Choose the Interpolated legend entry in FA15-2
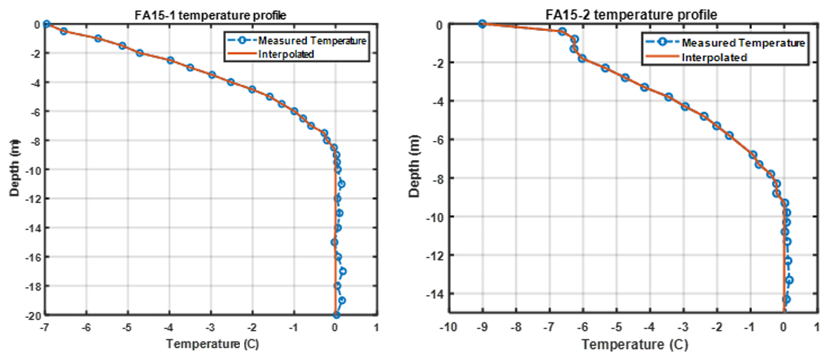pos(714,57)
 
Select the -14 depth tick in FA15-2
pos(432,294)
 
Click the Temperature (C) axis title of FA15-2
pos(635,345)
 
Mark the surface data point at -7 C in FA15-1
pos(46,24)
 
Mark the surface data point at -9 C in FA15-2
pos(483,24)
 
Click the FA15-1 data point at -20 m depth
pos(336,315)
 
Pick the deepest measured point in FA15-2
pos(786,299)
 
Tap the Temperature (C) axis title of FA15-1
pos(210,344)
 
